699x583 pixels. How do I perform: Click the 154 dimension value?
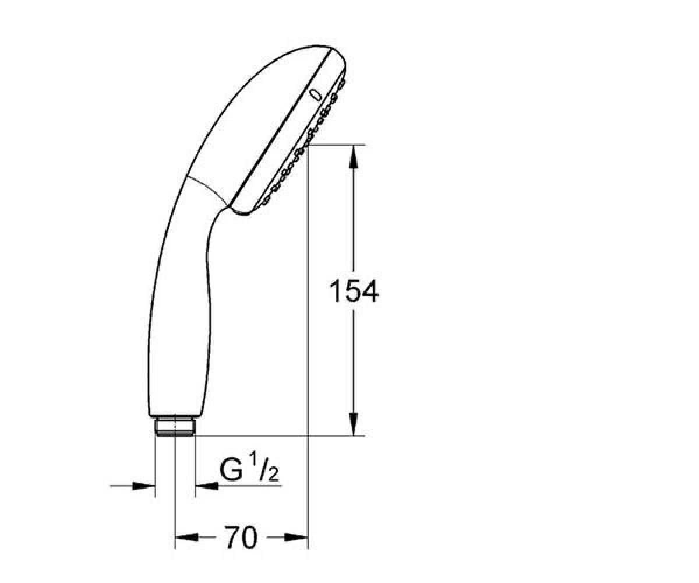pos(354,291)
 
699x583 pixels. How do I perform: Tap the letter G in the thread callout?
pos(231,470)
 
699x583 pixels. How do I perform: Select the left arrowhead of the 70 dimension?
pos(187,547)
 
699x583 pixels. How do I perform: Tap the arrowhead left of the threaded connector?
pos(144,486)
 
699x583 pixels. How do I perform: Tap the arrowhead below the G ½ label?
pos(207,486)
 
